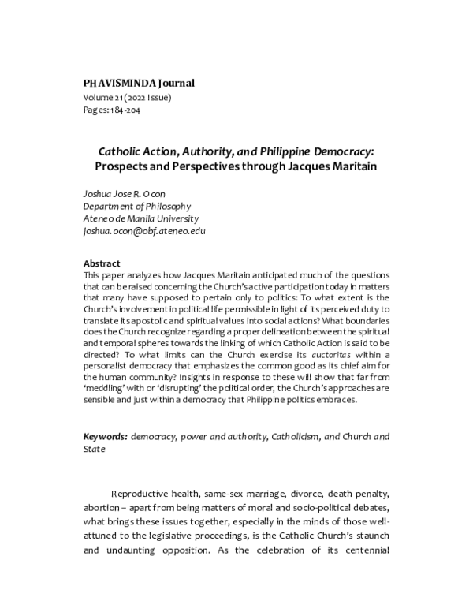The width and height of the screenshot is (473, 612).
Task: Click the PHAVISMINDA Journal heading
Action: [x=139, y=83]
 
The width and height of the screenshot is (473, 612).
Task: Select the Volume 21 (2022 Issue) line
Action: [x=127, y=97]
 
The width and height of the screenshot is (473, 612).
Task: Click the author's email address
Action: [x=144, y=231]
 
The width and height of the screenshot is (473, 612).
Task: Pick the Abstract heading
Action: [x=102, y=263]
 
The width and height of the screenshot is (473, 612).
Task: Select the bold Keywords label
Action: [x=106, y=436]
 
